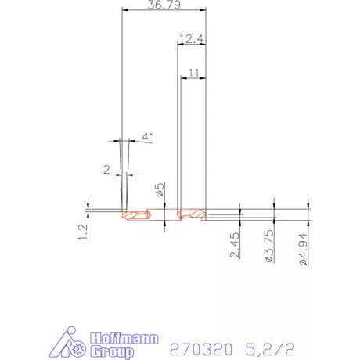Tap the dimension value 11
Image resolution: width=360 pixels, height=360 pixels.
point(193,72)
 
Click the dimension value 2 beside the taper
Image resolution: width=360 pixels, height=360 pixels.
point(107,168)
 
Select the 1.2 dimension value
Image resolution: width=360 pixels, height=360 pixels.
point(83,229)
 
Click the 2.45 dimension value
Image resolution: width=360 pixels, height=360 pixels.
point(234,248)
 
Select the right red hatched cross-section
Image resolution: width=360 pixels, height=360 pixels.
point(191,214)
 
